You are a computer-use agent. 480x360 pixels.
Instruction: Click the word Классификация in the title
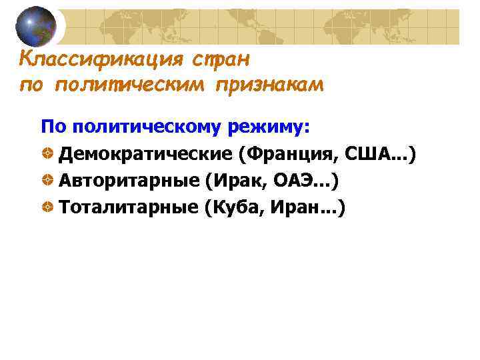[x=101, y=59]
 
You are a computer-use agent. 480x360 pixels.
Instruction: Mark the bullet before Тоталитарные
[x=48, y=208]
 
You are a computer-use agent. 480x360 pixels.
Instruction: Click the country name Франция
[x=294, y=155]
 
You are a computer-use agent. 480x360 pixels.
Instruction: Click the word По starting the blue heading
[x=55, y=127]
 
